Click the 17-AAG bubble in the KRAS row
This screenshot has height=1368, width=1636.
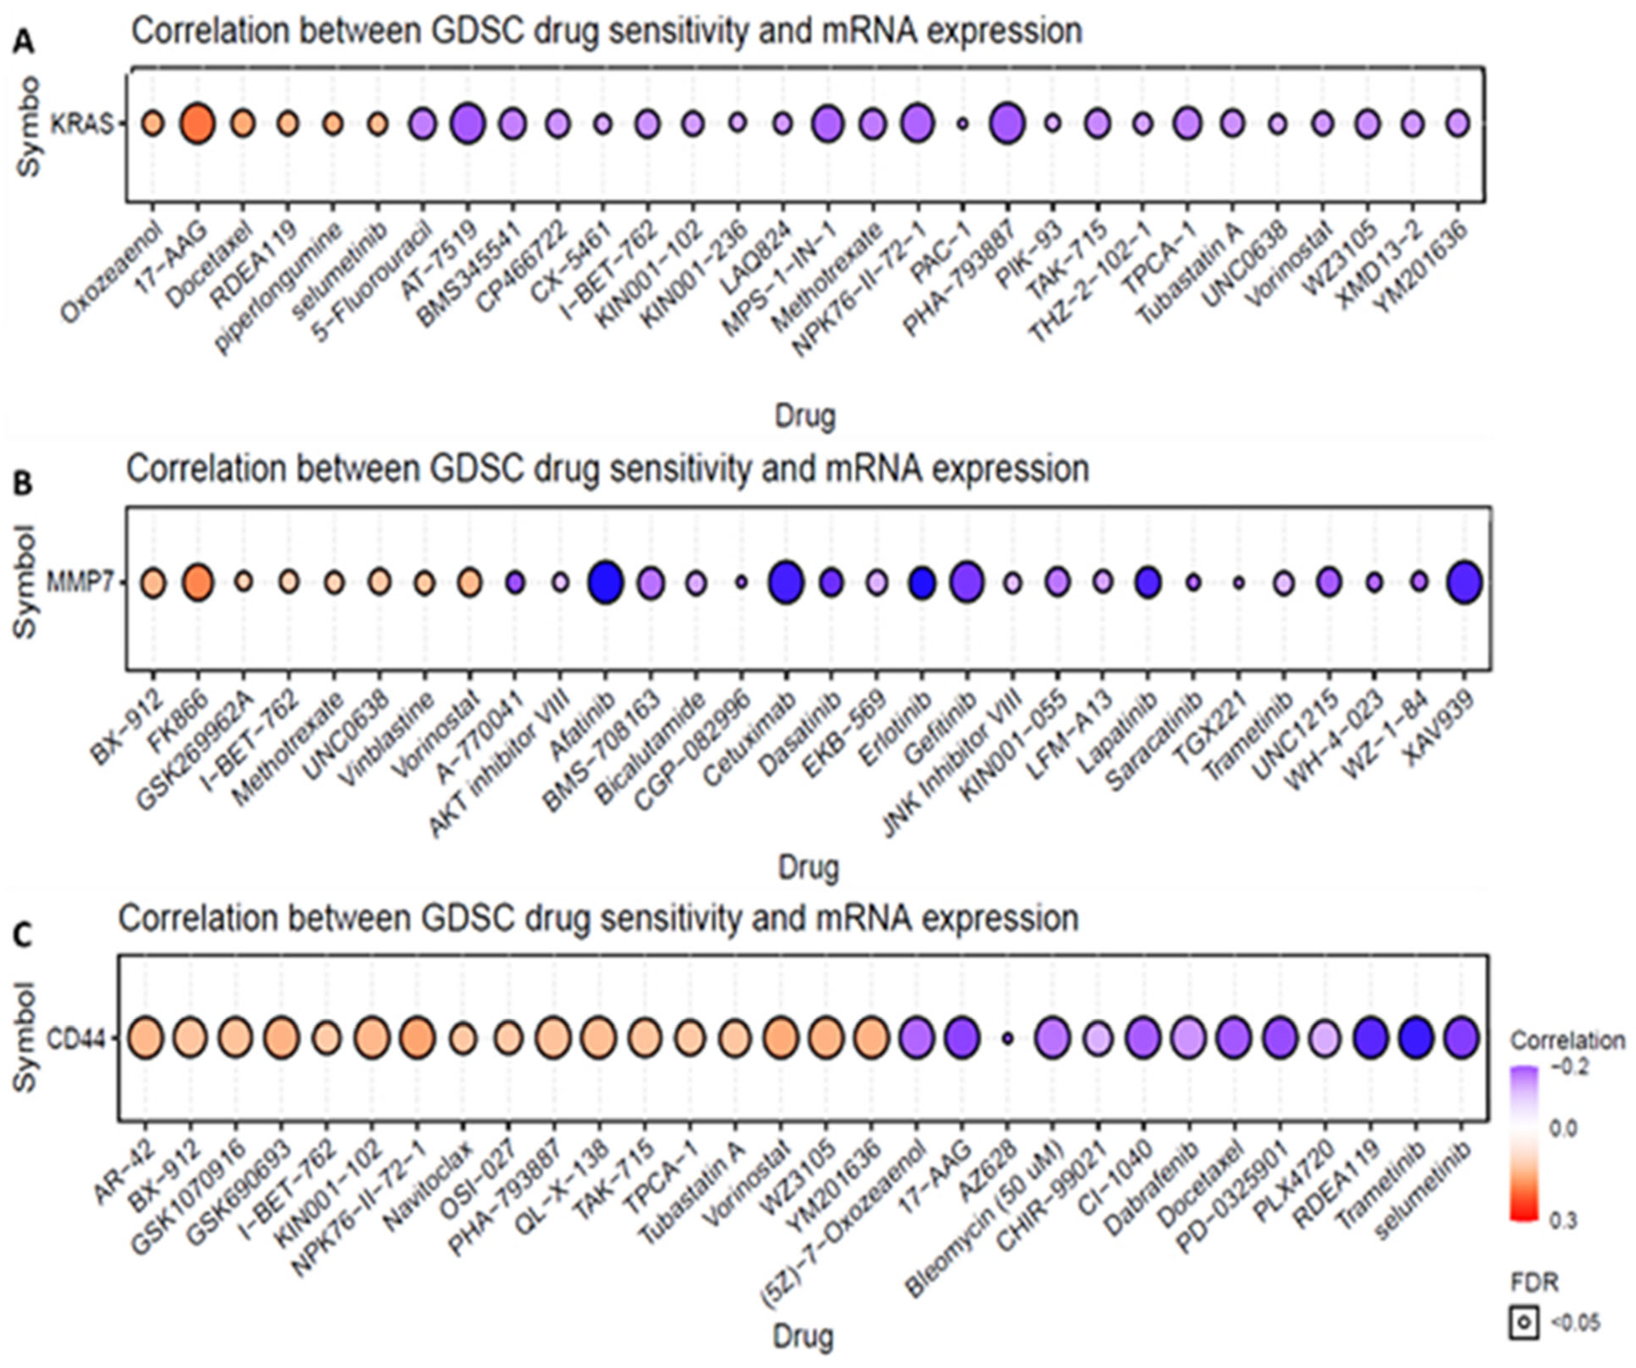coord(197,124)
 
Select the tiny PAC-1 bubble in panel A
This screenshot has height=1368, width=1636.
coord(962,124)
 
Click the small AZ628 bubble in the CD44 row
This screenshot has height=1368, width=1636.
coord(1007,1038)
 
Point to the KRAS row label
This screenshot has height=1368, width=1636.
coord(81,124)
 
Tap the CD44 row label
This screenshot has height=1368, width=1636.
coord(76,1038)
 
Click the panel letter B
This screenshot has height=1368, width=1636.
coord(23,485)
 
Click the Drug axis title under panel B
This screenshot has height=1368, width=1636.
coord(808,868)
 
